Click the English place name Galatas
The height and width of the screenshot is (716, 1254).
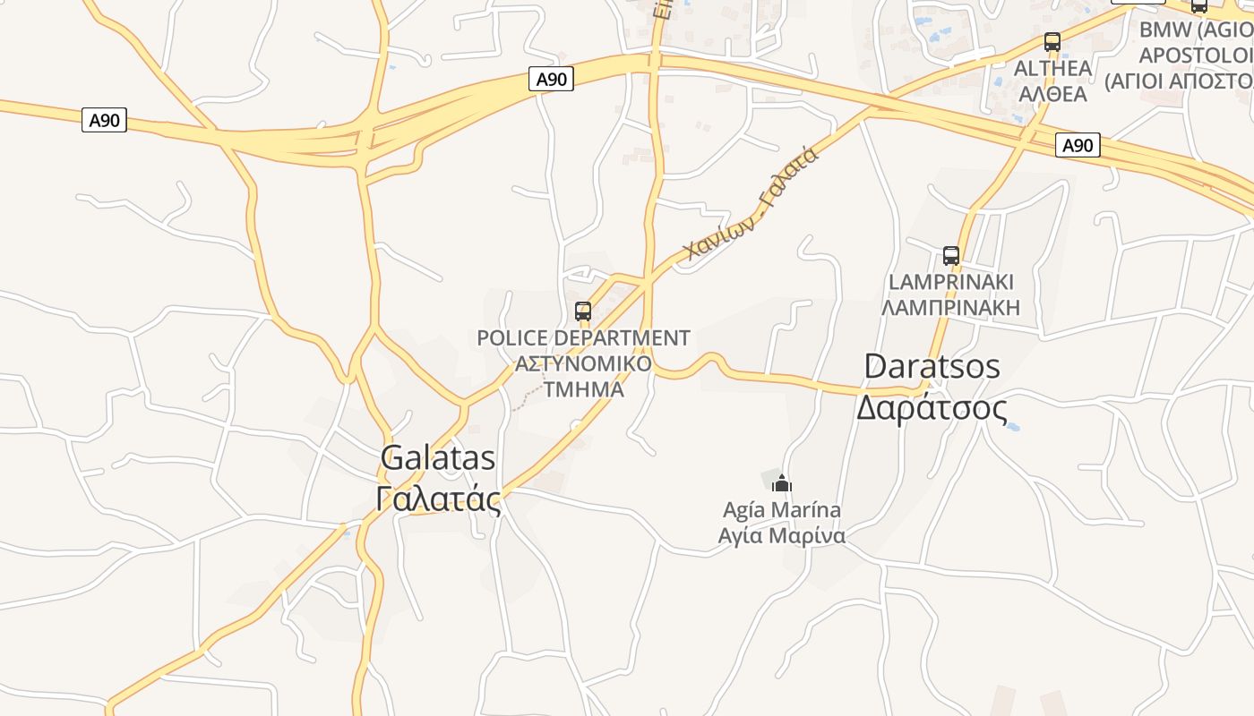pyautogui.click(x=438, y=457)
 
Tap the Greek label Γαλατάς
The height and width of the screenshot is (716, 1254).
pyautogui.click(x=438, y=498)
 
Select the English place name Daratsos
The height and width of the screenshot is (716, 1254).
pyautogui.click(x=932, y=366)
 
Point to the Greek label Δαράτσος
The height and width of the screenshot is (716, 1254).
pyautogui.click(x=932, y=407)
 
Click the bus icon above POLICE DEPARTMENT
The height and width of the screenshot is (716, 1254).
pyautogui.click(x=583, y=311)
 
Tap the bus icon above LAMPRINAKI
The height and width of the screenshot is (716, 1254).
pyautogui.click(x=951, y=256)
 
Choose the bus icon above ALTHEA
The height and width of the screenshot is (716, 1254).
pyautogui.click(x=1052, y=42)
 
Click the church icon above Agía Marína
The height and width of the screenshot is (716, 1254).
pyautogui.click(x=782, y=484)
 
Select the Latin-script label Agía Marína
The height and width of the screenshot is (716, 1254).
pyautogui.click(x=782, y=510)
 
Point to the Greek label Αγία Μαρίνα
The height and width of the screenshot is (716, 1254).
pyautogui.click(x=782, y=537)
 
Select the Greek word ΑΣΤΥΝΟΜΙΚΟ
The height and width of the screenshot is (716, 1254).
pyautogui.click(x=583, y=364)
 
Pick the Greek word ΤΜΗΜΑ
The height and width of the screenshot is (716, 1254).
pyautogui.click(x=584, y=389)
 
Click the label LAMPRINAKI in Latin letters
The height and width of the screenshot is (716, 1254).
pyautogui.click(x=951, y=282)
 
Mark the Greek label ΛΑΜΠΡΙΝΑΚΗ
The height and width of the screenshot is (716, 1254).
pyautogui.click(x=951, y=308)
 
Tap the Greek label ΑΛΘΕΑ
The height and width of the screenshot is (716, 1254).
pyautogui.click(x=1052, y=94)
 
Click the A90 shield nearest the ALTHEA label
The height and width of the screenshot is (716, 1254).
pyautogui.click(x=1078, y=145)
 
